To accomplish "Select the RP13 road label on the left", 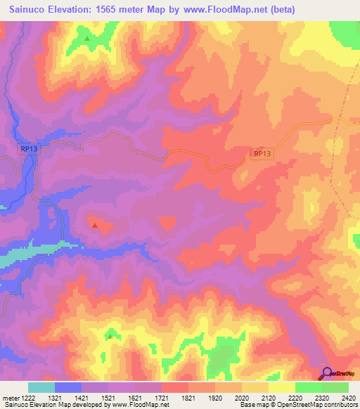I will click(x=27, y=148).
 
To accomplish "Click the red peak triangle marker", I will click(x=95, y=226).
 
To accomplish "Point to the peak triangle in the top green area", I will click(x=87, y=38).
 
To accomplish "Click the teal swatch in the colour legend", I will click(x=41, y=387).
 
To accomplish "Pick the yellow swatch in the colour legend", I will click(x=282, y=387).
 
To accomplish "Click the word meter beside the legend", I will click(x=10, y=398).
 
